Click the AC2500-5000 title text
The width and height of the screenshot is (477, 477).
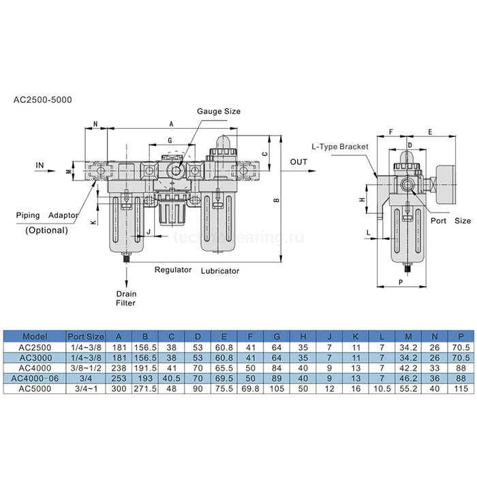[43, 99]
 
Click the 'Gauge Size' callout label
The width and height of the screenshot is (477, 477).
[219, 111]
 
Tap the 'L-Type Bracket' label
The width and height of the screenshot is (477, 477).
[339, 147]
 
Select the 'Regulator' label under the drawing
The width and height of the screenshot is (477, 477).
[172, 270]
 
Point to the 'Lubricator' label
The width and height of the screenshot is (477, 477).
[219, 271]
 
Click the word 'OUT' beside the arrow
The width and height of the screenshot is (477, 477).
[298, 162]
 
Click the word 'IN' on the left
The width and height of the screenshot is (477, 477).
[40, 165]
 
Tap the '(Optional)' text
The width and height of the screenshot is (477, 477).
[46, 230]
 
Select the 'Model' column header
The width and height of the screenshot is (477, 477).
[35, 336]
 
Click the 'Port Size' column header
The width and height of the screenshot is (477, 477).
[86, 336]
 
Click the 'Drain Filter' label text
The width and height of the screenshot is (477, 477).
[126, 297]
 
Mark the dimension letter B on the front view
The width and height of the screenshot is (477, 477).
[276, 201]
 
